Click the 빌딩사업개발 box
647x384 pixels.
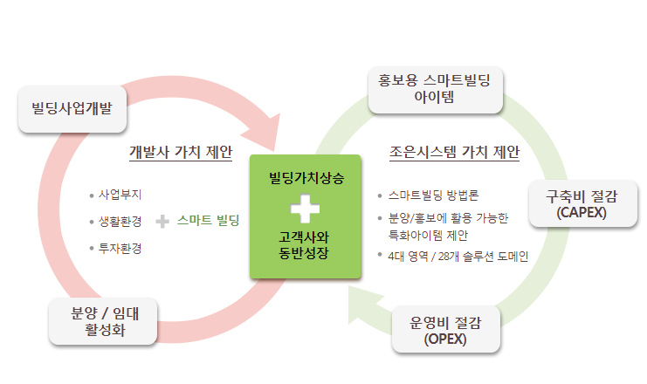pos(72,109)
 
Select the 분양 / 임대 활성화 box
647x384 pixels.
pos(103,321)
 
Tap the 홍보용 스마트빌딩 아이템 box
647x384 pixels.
pos(436,90)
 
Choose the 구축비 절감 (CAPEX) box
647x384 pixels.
pos(582,203)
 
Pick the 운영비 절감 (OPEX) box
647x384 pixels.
pos(446,329)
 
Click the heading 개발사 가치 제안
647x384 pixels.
pos(181,152)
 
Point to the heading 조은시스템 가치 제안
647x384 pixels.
pos(454,152)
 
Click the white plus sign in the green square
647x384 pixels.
pos(305,209)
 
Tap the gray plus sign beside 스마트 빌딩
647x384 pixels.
pos(162,222)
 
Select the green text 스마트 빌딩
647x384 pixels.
pos(208,220)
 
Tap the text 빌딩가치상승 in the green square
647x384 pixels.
pos(306,178)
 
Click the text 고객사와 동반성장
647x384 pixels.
pos(304,244)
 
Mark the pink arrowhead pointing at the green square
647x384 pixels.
pos(264,131)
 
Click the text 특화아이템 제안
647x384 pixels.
pos(428,236)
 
